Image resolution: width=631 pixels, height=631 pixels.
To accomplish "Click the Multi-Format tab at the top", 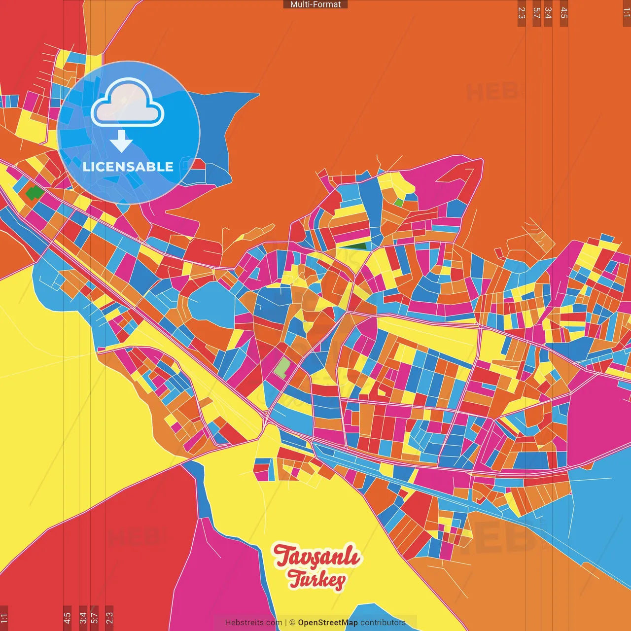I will click(315, 4).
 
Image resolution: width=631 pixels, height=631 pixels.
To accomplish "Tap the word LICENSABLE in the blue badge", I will click(128, 167).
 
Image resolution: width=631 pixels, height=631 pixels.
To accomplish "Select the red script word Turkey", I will click(316, 580).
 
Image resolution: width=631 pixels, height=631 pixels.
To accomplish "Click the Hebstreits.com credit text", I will click(253, 623).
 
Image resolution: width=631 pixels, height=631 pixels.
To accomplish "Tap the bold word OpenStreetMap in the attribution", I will click(327, 623).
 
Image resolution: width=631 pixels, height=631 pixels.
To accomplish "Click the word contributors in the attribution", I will click(383, 623).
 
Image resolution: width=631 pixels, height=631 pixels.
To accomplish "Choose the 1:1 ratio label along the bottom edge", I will click(4, 618).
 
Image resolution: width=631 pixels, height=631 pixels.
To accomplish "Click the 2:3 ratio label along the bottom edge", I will click(109, 618).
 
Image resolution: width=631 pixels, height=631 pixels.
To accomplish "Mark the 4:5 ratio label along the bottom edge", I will click(67, 618).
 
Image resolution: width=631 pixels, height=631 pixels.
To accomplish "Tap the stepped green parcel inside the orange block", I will click(34, 193).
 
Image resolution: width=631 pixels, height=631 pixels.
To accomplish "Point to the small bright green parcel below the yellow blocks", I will click(398, 202).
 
